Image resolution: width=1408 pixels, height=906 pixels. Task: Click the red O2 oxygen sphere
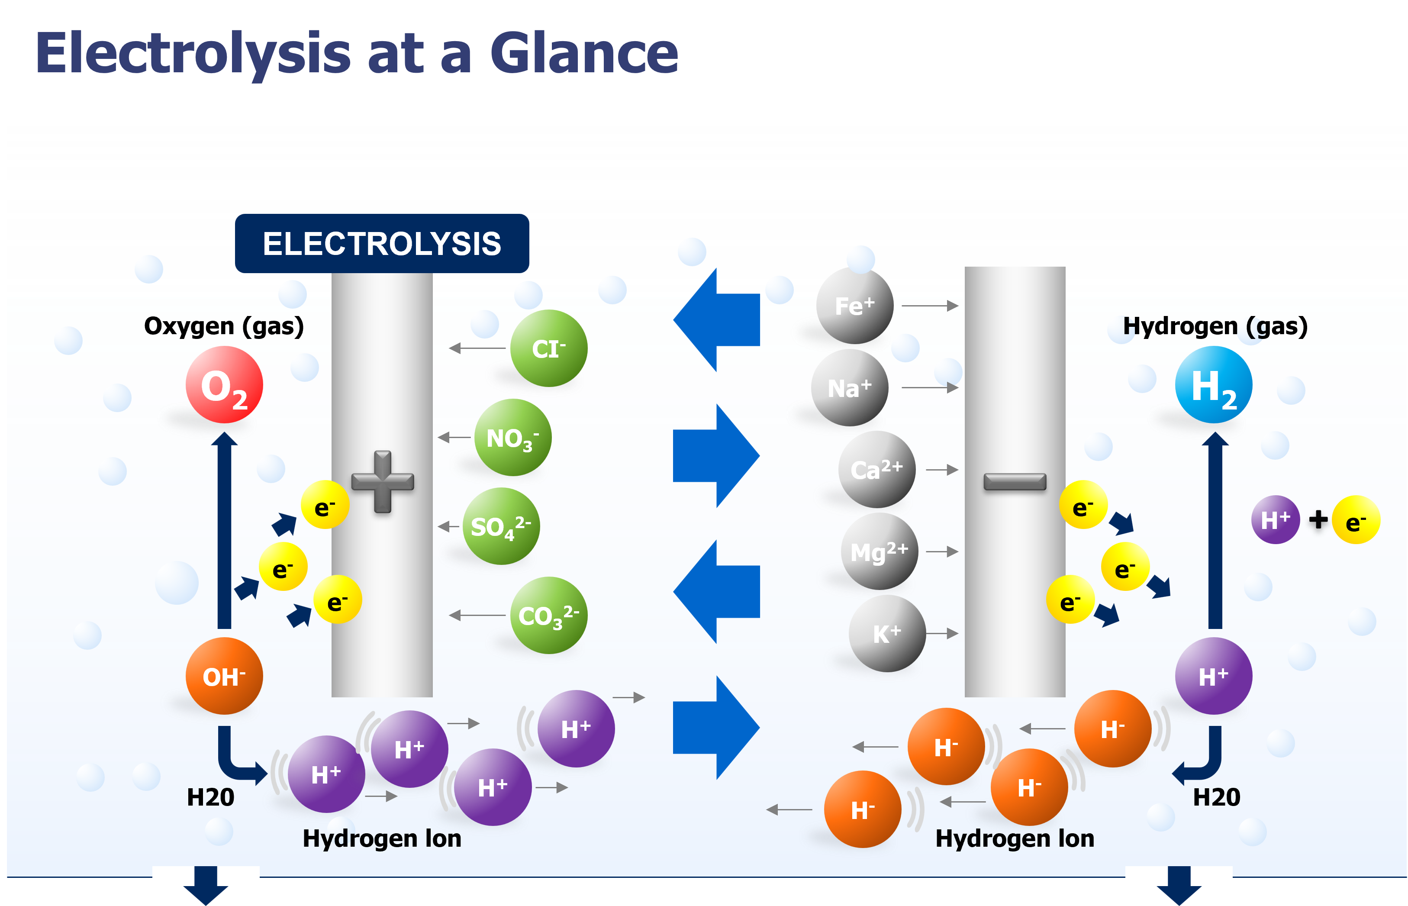click(x=224, y=385)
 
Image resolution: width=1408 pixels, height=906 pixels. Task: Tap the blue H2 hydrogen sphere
click(x=1213, y=385)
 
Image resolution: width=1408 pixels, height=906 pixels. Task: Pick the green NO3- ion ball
click(x=512, y=438)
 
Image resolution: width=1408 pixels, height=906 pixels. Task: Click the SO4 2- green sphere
click(x=501, y=526)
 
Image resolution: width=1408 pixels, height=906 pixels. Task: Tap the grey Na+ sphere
click(x=849, y=388)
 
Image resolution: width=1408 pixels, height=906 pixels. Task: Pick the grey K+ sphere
click(x=887, y=634)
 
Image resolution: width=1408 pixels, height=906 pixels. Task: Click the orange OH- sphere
click(x=224, y=676)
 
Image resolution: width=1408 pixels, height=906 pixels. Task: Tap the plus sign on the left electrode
click(x=382, y=482)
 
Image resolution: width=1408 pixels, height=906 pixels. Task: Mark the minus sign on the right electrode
click(x=1015, y=482)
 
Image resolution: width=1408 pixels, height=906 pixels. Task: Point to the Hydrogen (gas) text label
click(x=1215, y=326)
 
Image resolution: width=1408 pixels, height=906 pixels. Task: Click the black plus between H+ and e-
click(x=1318, y=519)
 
